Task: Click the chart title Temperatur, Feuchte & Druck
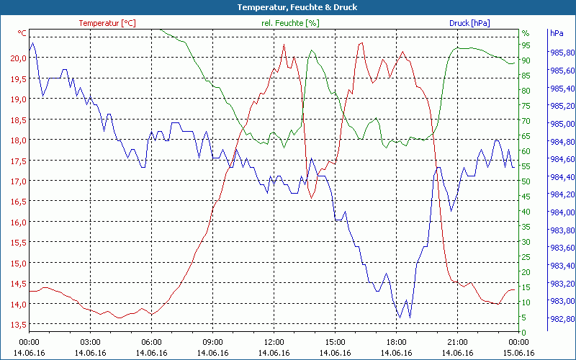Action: click(288, 7)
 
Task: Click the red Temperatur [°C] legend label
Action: click(107, 23)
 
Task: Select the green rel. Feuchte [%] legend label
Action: click(290, 23)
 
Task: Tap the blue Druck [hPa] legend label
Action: click(469, 23)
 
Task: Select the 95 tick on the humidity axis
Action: click(526, 45)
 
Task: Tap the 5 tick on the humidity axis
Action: click(523, 318)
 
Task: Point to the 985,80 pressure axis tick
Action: click(562, 53)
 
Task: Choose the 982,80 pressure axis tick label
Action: click(562, 320)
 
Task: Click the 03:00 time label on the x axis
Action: click(90, 342)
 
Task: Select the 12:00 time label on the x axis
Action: click(274, 342)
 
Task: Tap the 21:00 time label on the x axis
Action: click(457, 342)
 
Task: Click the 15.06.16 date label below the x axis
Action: click(518, 353)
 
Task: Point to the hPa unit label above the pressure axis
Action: click(557, 33)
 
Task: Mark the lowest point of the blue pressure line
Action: click(399, 318)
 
